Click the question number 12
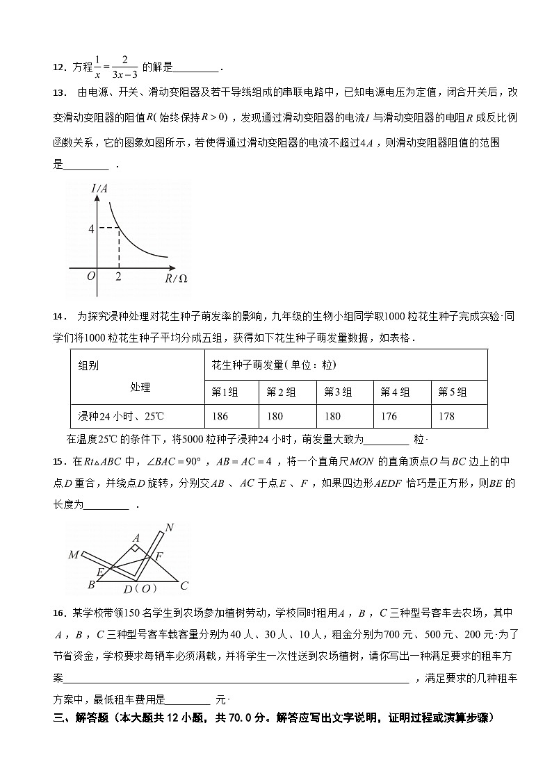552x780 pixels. [58, 67]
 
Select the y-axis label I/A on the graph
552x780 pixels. [99, 188]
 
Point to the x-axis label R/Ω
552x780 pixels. [177, 279]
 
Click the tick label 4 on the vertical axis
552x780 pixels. [90, 229]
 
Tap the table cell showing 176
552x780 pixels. [389, 416]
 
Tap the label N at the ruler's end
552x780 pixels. [169, 528]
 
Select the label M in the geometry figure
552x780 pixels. [73, 555]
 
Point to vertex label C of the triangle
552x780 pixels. [184, 585]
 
